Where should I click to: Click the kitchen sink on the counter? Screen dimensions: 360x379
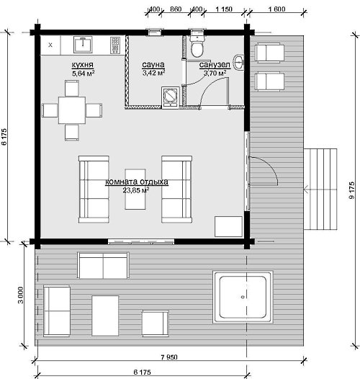pos(83,45)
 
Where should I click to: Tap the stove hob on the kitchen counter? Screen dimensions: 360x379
pos(115,45)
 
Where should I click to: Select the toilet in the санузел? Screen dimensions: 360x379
pos(197,46)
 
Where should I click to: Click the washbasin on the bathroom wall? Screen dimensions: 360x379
pos(238,63)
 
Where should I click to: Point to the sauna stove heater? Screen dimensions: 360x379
pos(171,97)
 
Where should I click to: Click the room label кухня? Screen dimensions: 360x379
pos(82,65)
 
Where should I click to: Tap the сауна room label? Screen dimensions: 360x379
pos(153,65)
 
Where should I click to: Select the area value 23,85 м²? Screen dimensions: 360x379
pos(135,190)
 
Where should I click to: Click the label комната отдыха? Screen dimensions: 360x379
pos(137,182)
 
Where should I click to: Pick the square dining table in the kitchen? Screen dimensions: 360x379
pos(72,110)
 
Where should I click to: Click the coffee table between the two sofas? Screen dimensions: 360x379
pos(135,189)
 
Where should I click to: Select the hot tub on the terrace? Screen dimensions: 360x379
pos(243,297)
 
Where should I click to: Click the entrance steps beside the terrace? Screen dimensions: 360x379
pos(320,189)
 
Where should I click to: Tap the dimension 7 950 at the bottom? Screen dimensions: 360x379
pos(169,357)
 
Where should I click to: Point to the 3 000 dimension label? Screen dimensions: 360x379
pos(21,295)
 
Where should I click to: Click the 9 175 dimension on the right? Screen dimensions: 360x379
pos(352,190)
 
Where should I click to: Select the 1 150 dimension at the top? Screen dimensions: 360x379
pos(224,9)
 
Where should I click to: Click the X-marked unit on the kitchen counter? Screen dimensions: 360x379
pos(50,45)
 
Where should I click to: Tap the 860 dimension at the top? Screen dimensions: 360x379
pos(176,9)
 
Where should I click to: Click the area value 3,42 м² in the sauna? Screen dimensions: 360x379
pos(153,73)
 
